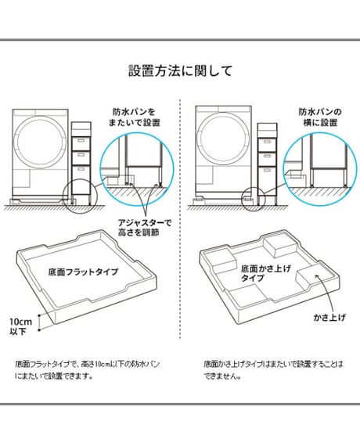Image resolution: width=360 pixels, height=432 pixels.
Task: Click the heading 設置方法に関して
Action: pos(181,70)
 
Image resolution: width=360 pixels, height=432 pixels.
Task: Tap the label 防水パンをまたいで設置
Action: pos(134,117)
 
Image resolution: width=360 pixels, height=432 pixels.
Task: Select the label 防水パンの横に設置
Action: pos(320,117)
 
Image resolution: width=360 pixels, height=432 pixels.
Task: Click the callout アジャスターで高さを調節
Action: pos(145,227)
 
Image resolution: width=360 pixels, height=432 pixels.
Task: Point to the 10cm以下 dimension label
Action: pos(21,326)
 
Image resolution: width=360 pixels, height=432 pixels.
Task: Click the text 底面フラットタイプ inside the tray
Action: pos(83,272)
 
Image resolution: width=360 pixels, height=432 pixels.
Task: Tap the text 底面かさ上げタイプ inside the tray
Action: pos(266,273)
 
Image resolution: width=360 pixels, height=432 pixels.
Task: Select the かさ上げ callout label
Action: pos(329,318)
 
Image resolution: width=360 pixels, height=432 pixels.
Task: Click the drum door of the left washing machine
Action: pos(41,141)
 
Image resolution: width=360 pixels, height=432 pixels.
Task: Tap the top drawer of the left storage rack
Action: pos(81,143)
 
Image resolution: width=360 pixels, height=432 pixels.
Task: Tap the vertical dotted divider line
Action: pos(180,218)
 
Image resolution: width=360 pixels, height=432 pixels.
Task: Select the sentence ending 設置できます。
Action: pos(88,369)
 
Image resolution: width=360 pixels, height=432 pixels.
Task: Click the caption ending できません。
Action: pos(274,369)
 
